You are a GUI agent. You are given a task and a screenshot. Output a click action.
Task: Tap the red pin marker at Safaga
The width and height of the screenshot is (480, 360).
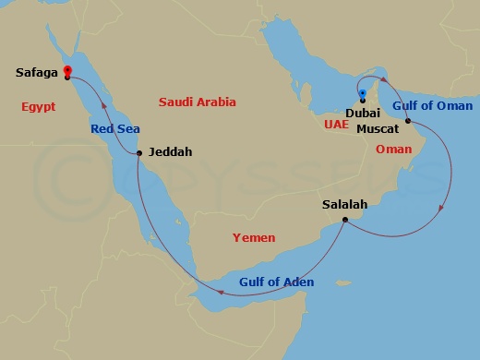[x=68, y=69]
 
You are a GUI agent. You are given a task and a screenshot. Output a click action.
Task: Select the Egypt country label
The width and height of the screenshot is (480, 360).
[x=38, y=107]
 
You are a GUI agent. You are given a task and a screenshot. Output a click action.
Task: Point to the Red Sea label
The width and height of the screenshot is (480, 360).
[x=114, y=129]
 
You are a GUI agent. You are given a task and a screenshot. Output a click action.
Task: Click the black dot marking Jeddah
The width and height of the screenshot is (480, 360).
[x=138, y=152]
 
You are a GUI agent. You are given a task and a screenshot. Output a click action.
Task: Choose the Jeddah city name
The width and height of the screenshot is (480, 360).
[x=170, y=152]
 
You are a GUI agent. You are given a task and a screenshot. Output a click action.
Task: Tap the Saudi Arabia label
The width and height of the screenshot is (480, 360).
[x=198, y=102]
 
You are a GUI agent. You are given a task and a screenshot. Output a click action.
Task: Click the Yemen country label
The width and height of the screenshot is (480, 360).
[x=254, y=238]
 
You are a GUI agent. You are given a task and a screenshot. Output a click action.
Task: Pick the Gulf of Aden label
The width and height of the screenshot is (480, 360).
[x=277, y=282]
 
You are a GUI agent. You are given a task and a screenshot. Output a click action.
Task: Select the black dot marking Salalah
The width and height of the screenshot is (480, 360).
[x=344, y=220]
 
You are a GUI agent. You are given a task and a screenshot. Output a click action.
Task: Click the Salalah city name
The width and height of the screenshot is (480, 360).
[x=345, y=205]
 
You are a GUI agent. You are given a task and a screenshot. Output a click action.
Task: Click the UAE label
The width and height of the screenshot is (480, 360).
[x=336, y=123]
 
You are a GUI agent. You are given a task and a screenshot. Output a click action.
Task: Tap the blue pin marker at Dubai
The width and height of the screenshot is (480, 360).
[x=363, y=93]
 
